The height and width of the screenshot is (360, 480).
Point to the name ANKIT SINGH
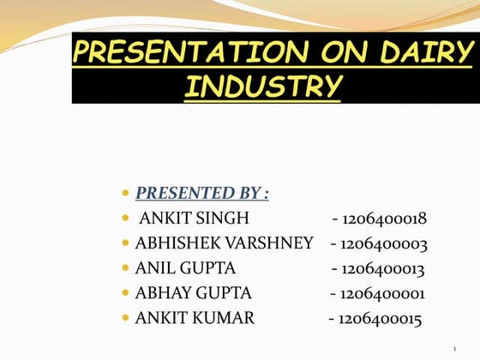[194, 219]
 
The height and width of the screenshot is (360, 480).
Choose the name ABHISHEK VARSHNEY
[224, 243]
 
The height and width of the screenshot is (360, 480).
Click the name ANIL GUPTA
[185, 268]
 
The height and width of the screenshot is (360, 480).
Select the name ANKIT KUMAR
[195, 319]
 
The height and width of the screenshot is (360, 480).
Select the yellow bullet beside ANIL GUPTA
[126, 269]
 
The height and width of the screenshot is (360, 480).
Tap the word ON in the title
[333, 54]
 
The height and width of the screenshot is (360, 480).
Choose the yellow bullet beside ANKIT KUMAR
[126, 319]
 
